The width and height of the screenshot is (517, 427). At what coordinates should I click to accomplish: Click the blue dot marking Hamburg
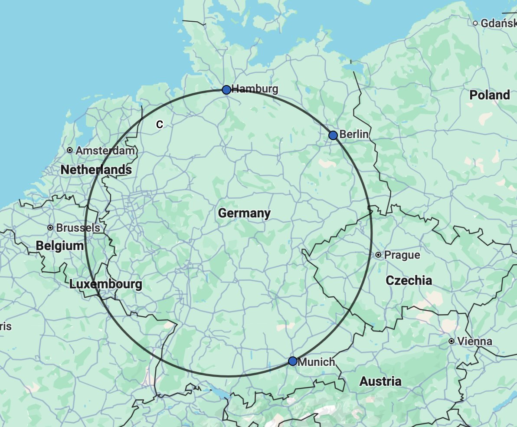[x=226, y=90]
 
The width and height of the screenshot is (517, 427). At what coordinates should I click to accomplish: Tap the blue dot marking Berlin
[x=333, y=135]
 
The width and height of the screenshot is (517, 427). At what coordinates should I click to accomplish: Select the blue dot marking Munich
[x=293, y=361]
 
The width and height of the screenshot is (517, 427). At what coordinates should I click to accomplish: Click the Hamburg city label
[x=255, y=89]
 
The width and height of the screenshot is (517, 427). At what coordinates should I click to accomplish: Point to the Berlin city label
[x=354, y=135]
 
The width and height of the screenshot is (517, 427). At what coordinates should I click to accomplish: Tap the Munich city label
[x=317, y=361]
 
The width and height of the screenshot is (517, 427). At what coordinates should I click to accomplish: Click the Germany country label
[x=244, y=213]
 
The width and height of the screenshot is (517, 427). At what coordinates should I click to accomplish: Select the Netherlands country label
[x=96, y=170]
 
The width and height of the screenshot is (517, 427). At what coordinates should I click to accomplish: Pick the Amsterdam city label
[x=105, y=151]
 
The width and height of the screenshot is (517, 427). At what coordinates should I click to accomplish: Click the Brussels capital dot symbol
[x=51, y=228]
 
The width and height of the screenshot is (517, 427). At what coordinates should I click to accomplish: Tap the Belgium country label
[x=60, y=246]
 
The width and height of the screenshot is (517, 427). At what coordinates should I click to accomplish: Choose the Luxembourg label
[x=105, y=285]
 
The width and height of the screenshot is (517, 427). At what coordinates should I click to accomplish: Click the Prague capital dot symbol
[x=379, y=255]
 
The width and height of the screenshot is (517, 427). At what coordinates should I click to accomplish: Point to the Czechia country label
[x=409, y=280]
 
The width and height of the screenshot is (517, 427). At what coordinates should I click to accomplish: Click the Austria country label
[x=380, y=381]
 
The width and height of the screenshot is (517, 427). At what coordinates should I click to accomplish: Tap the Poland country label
[x=490, y=95]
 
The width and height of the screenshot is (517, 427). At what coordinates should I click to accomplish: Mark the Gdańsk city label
[x=498, y=23]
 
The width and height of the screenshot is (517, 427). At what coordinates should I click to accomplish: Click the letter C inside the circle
[x=160, y=125]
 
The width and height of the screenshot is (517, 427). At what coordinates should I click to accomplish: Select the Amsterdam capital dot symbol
[x=70, y=150]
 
